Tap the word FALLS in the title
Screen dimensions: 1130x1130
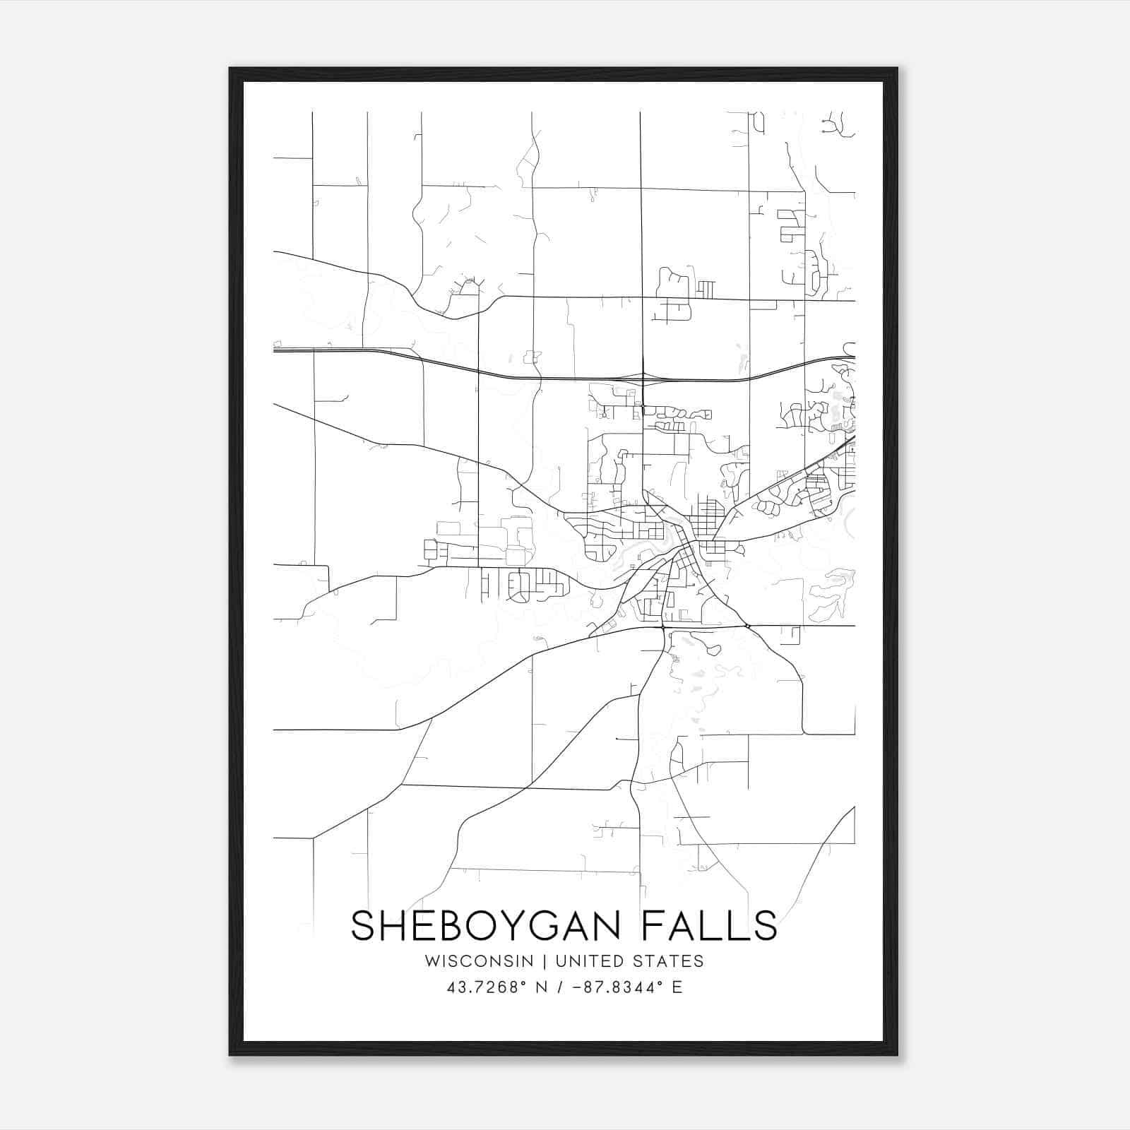tap(709, 926)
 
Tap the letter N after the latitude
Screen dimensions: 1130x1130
tap(542, 987)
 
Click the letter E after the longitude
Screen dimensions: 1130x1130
tap(677, 987)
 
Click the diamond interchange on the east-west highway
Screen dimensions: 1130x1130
tap(643, 379)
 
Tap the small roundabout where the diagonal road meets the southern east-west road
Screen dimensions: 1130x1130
tap(747, 626)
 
